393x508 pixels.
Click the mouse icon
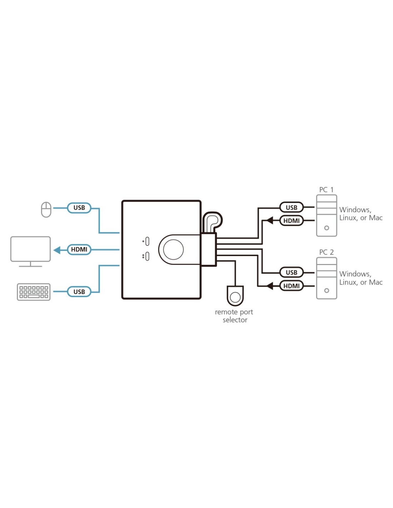46,209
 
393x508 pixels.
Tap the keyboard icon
34,292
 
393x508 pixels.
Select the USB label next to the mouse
79,208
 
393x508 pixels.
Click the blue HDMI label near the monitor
79,249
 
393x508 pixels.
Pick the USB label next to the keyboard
79,292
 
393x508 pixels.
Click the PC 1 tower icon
327,215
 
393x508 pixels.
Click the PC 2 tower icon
327,278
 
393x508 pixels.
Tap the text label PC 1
326,190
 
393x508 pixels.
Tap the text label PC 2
326,252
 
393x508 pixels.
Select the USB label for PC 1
292,207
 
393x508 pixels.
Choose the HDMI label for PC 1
292,221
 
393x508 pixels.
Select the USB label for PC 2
292,272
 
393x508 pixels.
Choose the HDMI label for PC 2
292,286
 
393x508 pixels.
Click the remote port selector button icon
235,297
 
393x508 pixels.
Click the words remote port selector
234,316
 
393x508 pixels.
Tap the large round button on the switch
173,249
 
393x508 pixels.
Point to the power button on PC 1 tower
327,228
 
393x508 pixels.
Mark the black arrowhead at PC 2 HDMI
270,286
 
